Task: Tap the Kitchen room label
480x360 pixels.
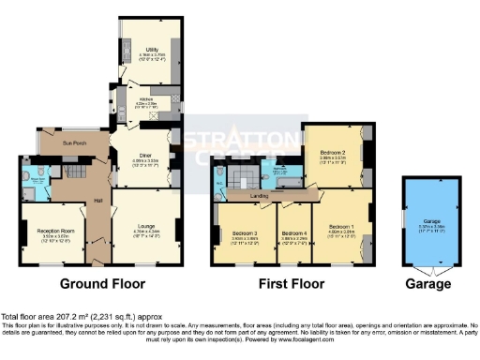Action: [x=146, y=98]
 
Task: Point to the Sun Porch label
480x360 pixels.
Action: [x=75, y=142]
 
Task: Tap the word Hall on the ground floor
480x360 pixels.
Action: [x=97, y=201]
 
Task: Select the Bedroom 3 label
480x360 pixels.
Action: [x=246, y=232]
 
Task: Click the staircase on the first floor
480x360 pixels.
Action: [x=246, y=177]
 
